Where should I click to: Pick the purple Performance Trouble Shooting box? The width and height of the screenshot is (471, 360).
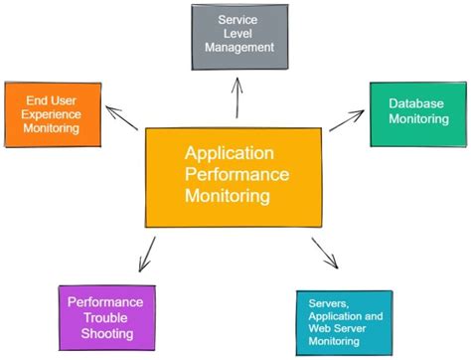tap(104, 316)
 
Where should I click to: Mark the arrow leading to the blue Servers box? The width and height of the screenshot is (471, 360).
tap(325, 254)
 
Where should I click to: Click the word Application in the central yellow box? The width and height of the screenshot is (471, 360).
tap(228, 153)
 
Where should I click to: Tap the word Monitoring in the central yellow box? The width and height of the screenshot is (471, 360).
tap(227, 196)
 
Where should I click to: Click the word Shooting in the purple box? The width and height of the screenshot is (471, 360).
tap(105, 332)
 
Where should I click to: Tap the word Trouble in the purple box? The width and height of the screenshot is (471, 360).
tap(105, 317)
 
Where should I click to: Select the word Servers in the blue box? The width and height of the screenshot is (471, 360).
tap(329, 301)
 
